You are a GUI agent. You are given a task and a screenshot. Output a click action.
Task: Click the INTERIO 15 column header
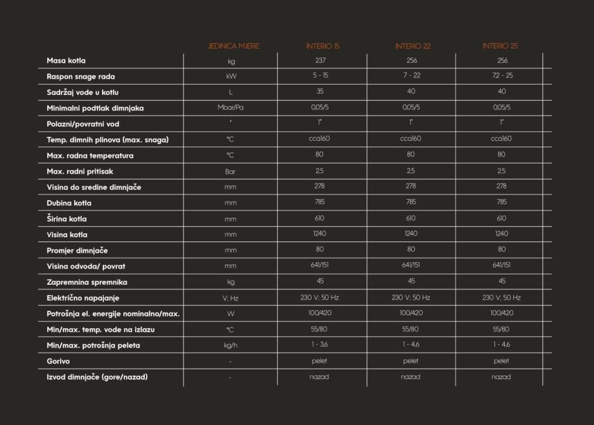[323, 46]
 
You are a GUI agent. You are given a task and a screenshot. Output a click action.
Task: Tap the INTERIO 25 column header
[500, 46]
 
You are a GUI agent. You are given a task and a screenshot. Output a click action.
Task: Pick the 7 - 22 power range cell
[412, 76]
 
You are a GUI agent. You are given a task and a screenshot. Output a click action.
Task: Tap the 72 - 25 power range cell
[502, 76]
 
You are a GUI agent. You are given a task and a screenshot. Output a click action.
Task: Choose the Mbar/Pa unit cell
[231, 108]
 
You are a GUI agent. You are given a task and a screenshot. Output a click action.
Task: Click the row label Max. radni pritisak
[81, 171]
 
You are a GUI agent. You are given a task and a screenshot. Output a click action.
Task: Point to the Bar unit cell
[231, 172]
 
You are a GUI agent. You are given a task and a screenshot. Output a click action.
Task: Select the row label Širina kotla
[67, 218]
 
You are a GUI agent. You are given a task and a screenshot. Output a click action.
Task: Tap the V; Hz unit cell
[231, 298]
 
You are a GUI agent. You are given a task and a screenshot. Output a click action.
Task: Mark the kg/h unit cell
[231, 346]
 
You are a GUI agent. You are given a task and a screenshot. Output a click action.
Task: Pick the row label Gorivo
[58, 361]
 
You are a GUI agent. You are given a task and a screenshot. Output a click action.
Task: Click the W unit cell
[231, 314]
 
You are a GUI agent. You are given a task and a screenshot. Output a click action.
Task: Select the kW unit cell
[231, 76]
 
